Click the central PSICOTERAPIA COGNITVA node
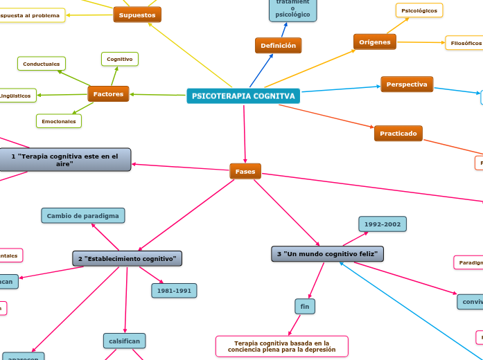click(243, 96)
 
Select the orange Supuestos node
click(137, 15)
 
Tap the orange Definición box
click(278, 46)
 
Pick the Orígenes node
click(374, 42)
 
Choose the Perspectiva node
click(407, 84)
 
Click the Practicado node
click(398, 133)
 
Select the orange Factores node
click(108, 93)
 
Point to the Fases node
click(245, 171)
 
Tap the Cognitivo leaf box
click(120, 60)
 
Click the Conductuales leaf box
click(42, 64)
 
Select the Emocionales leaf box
click(59, 121)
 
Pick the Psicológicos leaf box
click(419, 10)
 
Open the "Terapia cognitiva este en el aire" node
click(65, 160)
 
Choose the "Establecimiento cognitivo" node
click(128, 259)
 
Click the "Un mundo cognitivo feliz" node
click(327, 254)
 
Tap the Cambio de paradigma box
click(83, 216)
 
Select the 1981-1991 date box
click(174, 291)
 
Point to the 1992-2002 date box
click(382, 224)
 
